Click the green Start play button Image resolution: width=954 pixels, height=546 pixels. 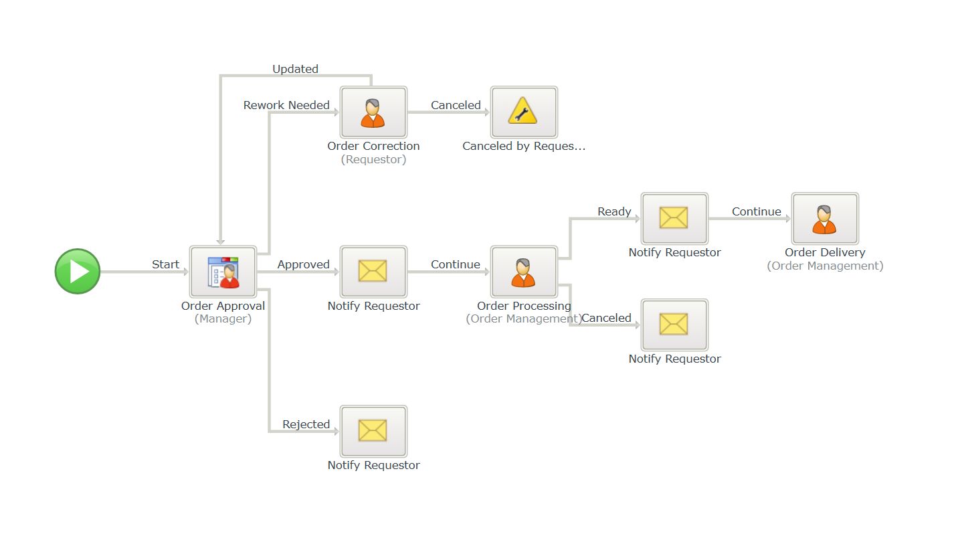pos(78,272)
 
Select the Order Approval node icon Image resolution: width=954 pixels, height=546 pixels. pos(223,272)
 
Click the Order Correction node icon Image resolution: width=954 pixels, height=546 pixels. pos(373,112)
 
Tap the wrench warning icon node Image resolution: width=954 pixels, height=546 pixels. pos(524,112)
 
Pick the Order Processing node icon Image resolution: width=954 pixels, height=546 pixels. pos(524,272)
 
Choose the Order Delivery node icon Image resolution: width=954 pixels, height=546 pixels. pos(825,219)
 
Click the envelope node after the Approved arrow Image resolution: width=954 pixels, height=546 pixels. pos(373,272)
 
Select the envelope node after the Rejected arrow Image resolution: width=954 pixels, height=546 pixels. pos(373,431)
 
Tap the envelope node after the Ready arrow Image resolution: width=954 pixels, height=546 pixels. pos(674,219)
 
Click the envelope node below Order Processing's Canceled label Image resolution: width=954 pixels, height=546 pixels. pos(674,325)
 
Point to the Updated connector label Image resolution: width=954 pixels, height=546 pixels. pos(295,69)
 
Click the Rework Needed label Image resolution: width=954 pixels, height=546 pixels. pos(286,105)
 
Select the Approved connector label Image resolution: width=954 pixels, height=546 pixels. pos(303,264)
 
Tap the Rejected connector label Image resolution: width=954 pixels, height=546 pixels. pos(306,424)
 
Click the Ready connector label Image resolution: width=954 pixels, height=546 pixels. pos(614,211)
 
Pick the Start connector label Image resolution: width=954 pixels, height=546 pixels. pos(165,264)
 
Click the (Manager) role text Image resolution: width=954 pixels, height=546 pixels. pos(223,319)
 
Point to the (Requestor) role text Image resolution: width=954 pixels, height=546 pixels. pos(373,160)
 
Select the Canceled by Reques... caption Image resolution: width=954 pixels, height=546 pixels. pos(524,146)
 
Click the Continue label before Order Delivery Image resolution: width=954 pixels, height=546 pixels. pos(756,211)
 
